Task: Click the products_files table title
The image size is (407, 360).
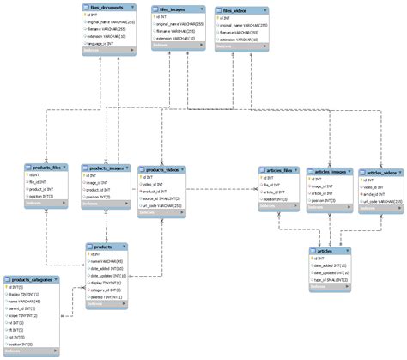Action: [x=46, y=167]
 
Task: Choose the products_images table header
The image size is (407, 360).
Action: [x=106, y=167]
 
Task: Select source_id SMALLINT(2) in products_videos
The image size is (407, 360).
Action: [x=163, y=198]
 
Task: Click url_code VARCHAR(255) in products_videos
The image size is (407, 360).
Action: [x=164, y=206]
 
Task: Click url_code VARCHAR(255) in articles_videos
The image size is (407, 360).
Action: [x=383, y=201]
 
